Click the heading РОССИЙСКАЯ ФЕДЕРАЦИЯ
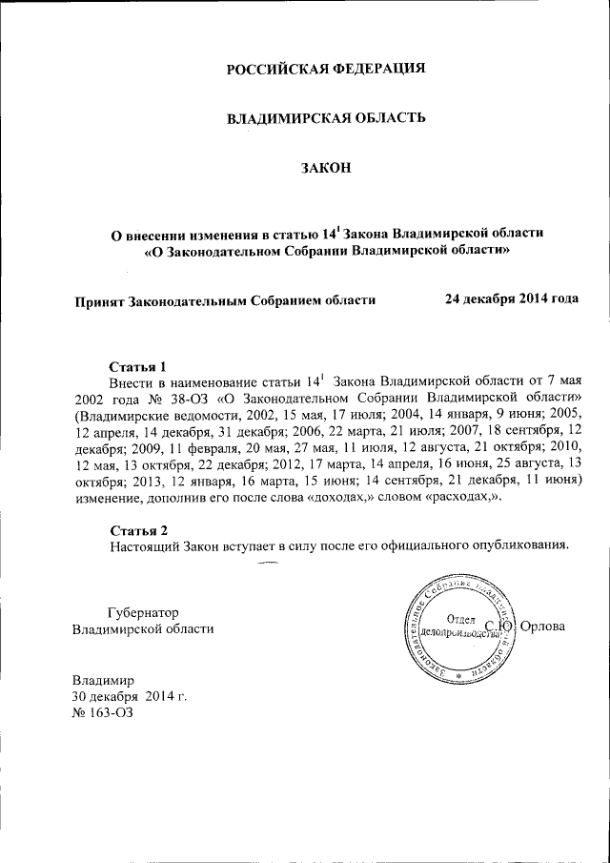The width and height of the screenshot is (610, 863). pos(325,69)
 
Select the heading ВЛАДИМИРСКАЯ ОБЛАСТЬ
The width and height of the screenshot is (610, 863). pos(325,118)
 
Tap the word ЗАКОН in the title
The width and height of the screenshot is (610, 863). pos(326,168)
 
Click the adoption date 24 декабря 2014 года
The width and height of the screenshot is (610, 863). pos(512,298)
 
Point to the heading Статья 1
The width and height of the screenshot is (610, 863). pos(138,366)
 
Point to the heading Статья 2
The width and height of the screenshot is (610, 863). pos(138,530)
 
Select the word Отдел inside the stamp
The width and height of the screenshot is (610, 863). pos(462,618)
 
